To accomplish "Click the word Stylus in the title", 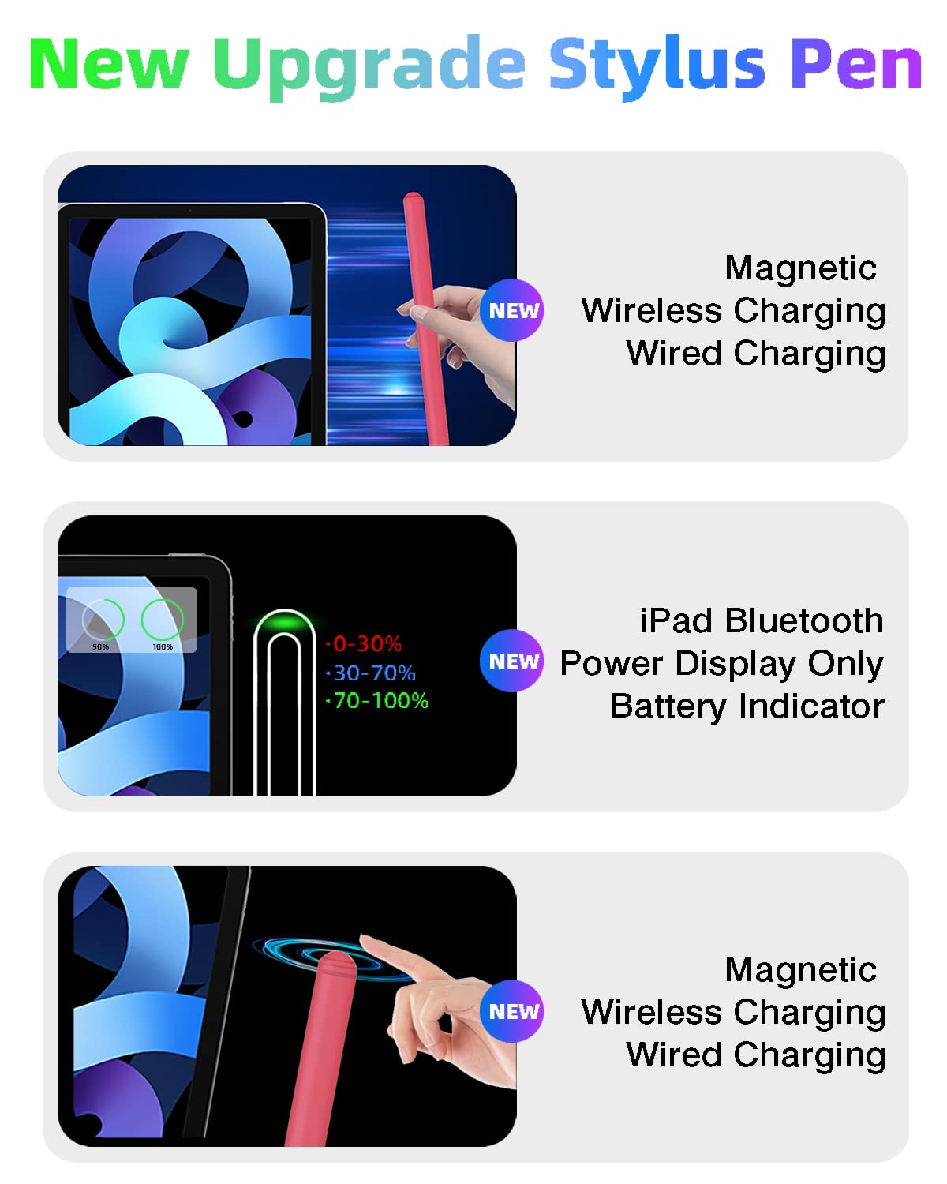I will coord(657,65).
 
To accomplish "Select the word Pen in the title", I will coord(855,65).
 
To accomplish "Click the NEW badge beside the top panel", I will coord(512,310).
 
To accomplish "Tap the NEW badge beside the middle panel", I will coord(512,661).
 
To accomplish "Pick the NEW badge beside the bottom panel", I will coord(512,1011).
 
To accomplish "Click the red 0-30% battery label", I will coord(366,644).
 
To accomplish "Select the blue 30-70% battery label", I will coord(373,673).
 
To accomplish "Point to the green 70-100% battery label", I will coord(380,700).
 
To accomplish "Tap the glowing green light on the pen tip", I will coord(284,624).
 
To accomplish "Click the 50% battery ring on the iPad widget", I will coord(103,620).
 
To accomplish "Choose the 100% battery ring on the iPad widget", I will coord(163,620).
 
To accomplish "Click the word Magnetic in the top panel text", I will coord(800,268).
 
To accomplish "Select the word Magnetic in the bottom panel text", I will coord(800,969).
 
